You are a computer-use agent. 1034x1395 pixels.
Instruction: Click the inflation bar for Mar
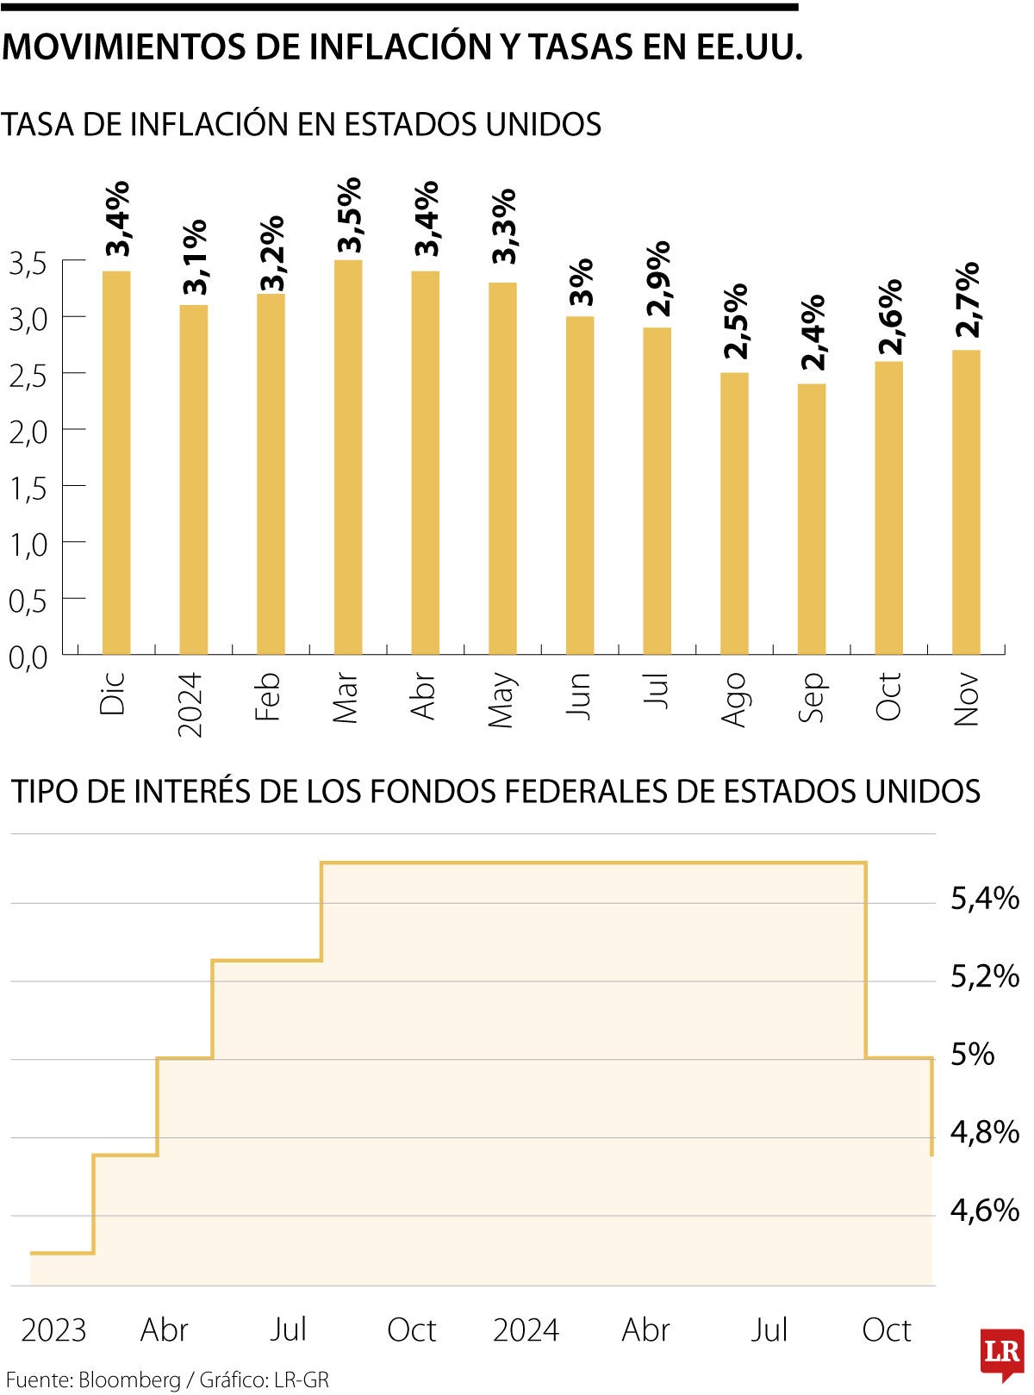point(348,457)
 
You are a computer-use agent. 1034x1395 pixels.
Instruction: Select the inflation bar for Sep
point(812,519)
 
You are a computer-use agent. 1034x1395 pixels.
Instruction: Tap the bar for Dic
point(116,463)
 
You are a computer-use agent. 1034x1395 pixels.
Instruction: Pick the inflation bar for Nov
point(966,502)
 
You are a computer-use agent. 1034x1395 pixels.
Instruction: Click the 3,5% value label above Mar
point(349,215)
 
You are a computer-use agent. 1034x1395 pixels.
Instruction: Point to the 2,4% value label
point(812,333)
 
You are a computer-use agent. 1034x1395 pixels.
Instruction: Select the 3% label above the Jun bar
point(580,282)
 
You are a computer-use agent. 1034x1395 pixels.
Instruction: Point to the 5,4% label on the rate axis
point(984,899)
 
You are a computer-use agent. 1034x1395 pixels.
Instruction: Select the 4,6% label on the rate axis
point(984,1211)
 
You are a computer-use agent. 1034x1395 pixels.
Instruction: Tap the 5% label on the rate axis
point(972,1054)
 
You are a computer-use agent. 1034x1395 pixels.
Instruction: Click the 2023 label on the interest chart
point(53,1330)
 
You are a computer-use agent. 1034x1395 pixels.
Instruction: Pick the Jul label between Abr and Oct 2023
point(288,1330)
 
